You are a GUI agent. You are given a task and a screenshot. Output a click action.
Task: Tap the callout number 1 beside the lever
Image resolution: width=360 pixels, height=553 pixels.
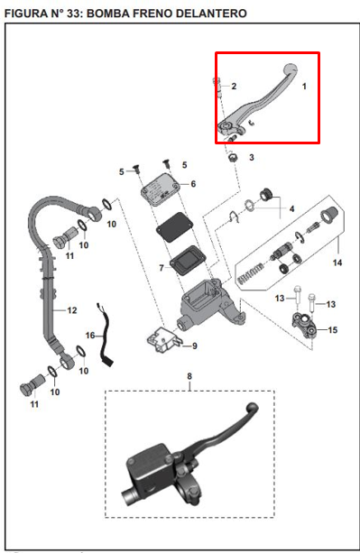click(304, 86)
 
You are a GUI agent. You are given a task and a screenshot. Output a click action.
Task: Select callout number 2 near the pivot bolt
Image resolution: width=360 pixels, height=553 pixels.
click(234, 86)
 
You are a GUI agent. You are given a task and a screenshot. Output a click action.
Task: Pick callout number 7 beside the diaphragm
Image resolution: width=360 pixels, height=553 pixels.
click(162, 269)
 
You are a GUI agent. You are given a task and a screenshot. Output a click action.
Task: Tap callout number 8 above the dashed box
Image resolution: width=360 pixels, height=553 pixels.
click(189, 376)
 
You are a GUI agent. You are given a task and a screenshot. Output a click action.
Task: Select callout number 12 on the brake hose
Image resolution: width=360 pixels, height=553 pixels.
click(72, 310)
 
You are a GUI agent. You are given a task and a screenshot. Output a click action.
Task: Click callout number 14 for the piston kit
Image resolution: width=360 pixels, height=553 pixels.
click(337, 263)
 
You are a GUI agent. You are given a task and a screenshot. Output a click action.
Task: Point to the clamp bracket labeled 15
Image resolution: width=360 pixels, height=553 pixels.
click(304, 323)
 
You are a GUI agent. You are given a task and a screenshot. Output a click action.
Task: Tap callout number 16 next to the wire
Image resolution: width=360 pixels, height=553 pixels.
click(90, 335)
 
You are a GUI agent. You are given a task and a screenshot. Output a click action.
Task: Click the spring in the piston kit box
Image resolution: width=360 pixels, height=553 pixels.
click(250, 274)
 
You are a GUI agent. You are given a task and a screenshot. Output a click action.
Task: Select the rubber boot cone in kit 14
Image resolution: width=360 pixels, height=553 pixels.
click(329, 215)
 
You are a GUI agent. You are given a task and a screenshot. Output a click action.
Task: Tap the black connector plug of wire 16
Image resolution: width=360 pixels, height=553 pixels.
click(108, 361)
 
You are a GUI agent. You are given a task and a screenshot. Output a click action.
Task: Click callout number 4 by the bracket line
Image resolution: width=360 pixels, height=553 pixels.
click(291, 208)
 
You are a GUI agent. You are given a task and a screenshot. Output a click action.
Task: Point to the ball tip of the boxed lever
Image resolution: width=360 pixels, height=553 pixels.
click(291, 68)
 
